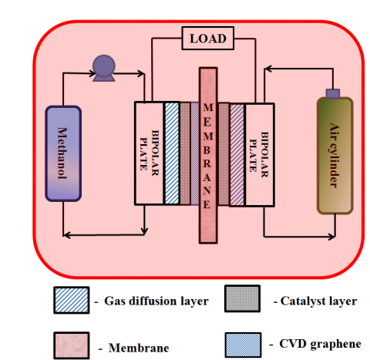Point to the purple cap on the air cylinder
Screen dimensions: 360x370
click(x=334, y=93)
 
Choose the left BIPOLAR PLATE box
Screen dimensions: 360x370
click(x=150, y=153)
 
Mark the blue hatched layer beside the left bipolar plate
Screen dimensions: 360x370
click(x=172, y=153)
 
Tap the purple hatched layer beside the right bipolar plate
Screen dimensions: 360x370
click(x=237, y=153)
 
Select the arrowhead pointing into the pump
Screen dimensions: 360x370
click(x=88, y=74)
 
